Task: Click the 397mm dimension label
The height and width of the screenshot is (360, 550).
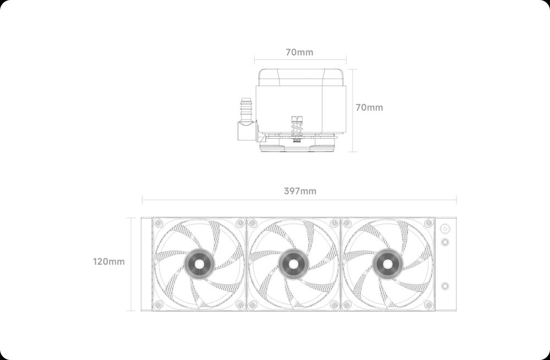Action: click(x=300, y=191)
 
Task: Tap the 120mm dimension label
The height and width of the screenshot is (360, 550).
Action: click(x=109, y=262)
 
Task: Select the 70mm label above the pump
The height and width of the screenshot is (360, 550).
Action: click(x=299, y=52)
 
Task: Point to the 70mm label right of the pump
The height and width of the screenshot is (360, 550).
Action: click(x=370, y=107)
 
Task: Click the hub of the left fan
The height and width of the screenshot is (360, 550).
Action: click(x=199, y=264)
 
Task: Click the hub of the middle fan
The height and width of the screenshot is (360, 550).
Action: click(x=294, y=264)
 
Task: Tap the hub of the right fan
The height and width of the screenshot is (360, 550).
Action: click(x=388, y=264)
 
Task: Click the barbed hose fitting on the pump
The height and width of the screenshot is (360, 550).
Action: click(x=246, y=110)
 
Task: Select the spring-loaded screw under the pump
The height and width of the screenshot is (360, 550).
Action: click(x=297, y=129)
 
